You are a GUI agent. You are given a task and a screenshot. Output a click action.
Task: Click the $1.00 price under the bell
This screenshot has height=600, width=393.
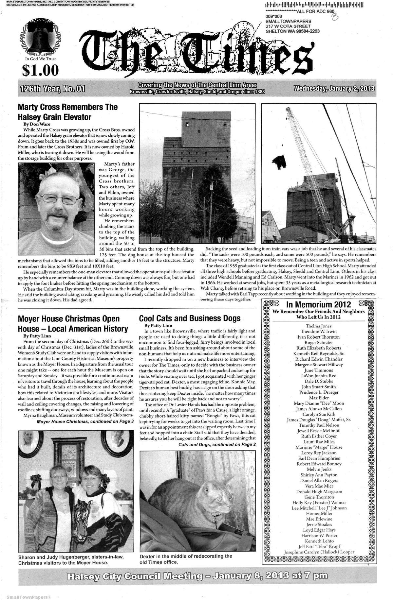(40, 70)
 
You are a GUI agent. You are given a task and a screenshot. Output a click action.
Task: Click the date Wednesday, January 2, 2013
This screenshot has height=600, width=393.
(334, 89)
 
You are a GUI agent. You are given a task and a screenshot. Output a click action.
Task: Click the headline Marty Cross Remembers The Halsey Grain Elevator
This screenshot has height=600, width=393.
(67, 112)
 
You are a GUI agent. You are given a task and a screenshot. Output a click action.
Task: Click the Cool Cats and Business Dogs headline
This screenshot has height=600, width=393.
(190, 318)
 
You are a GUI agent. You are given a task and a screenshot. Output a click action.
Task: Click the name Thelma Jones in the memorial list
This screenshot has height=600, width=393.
(318, 326)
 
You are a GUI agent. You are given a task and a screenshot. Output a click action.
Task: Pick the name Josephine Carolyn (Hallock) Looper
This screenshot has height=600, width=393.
(319, 552)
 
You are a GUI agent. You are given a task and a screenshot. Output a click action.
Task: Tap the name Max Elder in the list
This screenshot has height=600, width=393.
(319, 398)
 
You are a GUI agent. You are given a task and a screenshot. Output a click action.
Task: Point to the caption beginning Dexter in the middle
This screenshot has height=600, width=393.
(186, 559)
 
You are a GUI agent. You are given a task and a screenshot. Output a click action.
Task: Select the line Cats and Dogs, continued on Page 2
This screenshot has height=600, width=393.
(217, 444)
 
